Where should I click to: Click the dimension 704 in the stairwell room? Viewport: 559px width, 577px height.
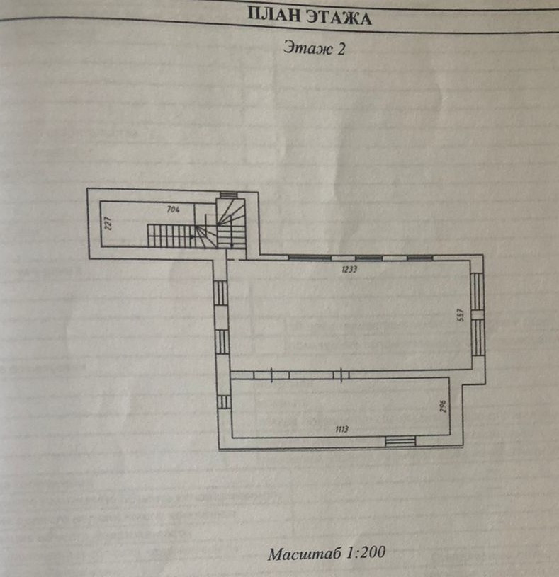(x=171, y=209)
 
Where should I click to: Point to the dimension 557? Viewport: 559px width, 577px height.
(x=461, y=314)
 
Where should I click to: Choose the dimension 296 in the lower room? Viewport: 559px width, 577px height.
(x=441, y=406)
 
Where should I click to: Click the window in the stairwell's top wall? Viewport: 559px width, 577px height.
(x=229, y=195)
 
